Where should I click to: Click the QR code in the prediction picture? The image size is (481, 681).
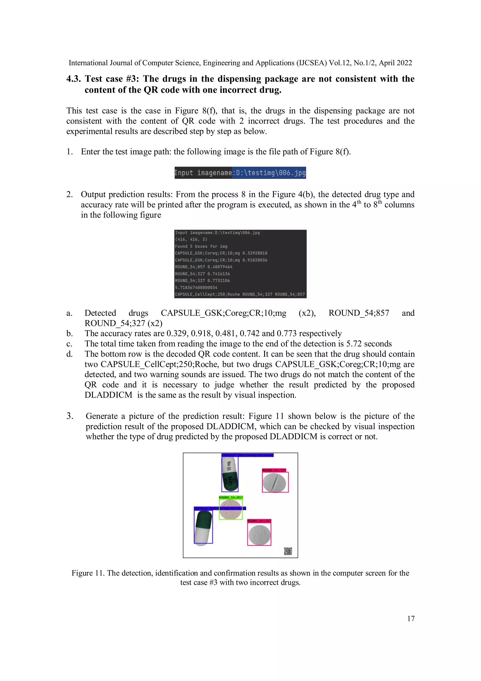coord(288,551)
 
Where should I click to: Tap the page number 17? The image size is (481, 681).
coord(411,618)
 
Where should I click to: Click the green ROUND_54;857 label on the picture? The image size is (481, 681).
coord(231,497)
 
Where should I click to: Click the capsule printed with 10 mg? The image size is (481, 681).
coord(230,474)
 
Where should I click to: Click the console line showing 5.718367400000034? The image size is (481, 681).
coord(196,287)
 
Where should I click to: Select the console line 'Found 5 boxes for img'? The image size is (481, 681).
coord(201,246)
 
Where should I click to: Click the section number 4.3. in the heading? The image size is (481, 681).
coord(73,79)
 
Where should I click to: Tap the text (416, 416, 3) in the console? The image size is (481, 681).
coord(191,239)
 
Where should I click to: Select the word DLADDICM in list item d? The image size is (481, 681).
coord(108,395)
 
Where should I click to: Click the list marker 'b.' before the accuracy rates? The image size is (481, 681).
coord(70,333)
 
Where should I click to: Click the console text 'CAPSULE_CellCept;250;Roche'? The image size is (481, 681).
coord(207,294)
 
